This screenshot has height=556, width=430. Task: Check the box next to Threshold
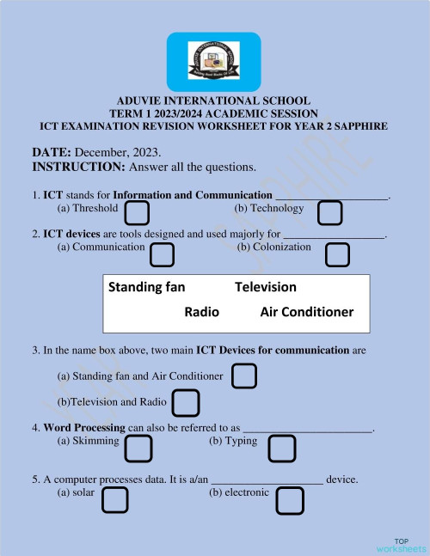tap(138, 212)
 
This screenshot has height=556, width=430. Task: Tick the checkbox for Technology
tap(329, 212)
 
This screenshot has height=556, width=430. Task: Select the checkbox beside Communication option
tap(162, 254)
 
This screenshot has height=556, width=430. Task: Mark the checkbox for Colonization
tap(337, 254)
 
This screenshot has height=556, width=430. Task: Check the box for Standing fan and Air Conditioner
tap(245, 376)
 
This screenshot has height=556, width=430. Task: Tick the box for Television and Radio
tap(186, 402)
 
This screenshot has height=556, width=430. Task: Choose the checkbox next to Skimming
tap(138, 448)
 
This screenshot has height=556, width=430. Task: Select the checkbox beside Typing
tap(282, 448)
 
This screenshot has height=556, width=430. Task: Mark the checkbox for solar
tap(115, 500)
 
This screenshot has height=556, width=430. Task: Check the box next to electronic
tap(290, 500)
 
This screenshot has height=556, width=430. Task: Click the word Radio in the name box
tap(202, 311)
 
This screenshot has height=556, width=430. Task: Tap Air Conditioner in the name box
tap(306, 311)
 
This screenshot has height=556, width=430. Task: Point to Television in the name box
tap(265, 286)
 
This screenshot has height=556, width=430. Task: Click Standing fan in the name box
tap(146, 286)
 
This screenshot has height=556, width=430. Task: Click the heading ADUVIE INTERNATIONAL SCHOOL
tap(213, 101)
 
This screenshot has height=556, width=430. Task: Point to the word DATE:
tap(52, 152)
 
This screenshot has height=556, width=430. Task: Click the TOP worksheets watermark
tap(401, 544)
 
